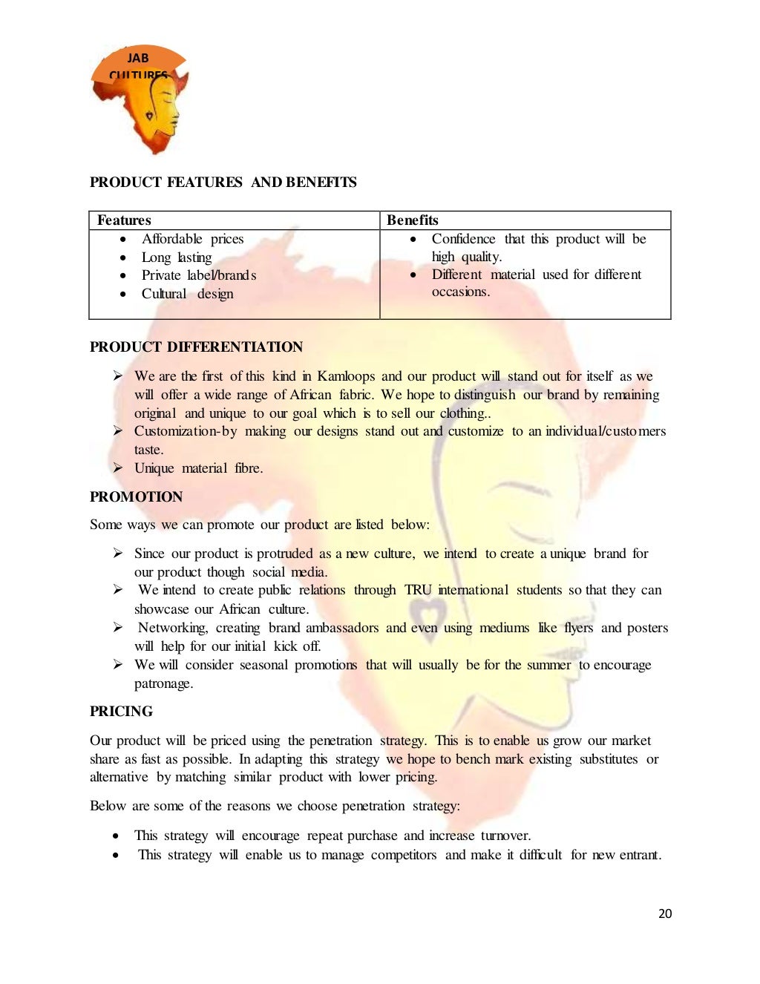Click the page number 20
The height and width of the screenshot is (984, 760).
point(665,914)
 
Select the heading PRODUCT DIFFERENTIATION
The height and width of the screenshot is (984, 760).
point(196,347)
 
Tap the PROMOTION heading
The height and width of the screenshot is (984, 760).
point(136,497)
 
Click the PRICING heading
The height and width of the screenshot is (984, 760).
point(121,712)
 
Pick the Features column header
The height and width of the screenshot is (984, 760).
point(124,220)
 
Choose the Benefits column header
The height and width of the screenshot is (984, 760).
point(413,220)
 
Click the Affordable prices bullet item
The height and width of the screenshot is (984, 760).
point(192,239)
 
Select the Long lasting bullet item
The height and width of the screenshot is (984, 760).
point(177,258)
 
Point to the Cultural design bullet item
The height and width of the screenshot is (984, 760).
point(187,294)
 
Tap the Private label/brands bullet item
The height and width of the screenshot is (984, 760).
point(199,275)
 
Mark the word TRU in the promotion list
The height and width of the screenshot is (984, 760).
point(417,590)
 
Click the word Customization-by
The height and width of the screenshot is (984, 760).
point(186,431)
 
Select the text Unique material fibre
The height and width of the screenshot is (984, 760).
point(198,468)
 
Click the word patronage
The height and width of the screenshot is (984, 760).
point(163,683)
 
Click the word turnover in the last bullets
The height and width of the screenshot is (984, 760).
point(505,836)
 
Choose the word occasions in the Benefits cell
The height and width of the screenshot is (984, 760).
point(460,292)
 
